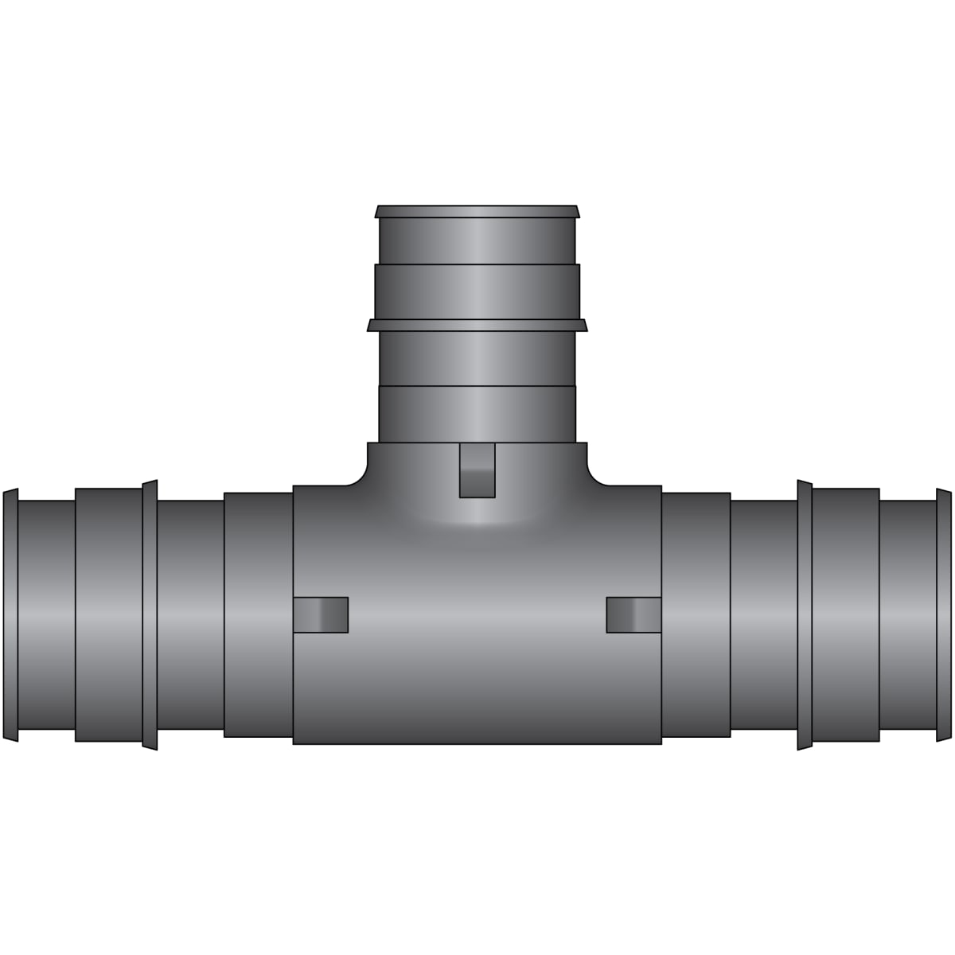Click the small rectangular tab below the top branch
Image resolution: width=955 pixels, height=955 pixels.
point(477,470)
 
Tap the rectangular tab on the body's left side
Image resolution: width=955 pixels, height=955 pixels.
point(321,614)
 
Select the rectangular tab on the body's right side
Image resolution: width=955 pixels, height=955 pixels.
point(633,614)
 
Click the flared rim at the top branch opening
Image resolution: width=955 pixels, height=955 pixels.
point(477,211)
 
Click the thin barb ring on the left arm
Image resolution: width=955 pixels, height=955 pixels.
point(150,614)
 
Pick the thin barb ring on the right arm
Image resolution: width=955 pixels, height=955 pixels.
point(804,614)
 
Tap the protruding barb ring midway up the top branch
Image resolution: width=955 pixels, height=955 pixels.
point(477,325)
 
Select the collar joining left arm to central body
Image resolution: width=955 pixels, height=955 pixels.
point(259,614)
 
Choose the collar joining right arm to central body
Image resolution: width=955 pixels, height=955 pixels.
point(696,614)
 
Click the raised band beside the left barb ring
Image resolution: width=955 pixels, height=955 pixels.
point(109,614)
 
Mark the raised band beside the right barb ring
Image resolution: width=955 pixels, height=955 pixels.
point(845,614)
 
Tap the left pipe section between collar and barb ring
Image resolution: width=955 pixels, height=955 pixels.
point(190,614)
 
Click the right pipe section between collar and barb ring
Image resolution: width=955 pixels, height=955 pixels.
point(763,614)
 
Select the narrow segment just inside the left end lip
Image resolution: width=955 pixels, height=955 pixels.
point(46,614)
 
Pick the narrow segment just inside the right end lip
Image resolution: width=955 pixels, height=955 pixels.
point(907,614)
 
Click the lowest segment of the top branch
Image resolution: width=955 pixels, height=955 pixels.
point(477,414)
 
